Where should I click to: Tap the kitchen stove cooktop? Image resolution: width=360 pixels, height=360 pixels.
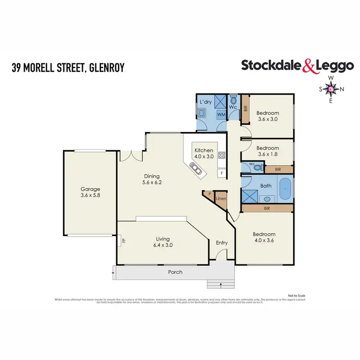pos(222,155)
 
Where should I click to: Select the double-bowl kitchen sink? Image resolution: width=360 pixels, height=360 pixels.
pos(196,168)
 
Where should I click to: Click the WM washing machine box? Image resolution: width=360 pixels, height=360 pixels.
pos(221,115)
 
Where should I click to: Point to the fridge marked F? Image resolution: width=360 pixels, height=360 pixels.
pos(222,173)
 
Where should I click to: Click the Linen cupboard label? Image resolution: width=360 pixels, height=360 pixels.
pos(221,199)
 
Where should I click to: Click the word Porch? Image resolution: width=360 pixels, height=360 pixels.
pos(175,272)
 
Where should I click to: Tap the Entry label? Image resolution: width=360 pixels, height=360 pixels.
pos(221,243)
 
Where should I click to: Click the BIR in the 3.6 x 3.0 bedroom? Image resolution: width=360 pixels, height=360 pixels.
pos(245,108)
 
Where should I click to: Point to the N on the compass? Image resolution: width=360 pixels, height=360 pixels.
pos(342,89)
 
